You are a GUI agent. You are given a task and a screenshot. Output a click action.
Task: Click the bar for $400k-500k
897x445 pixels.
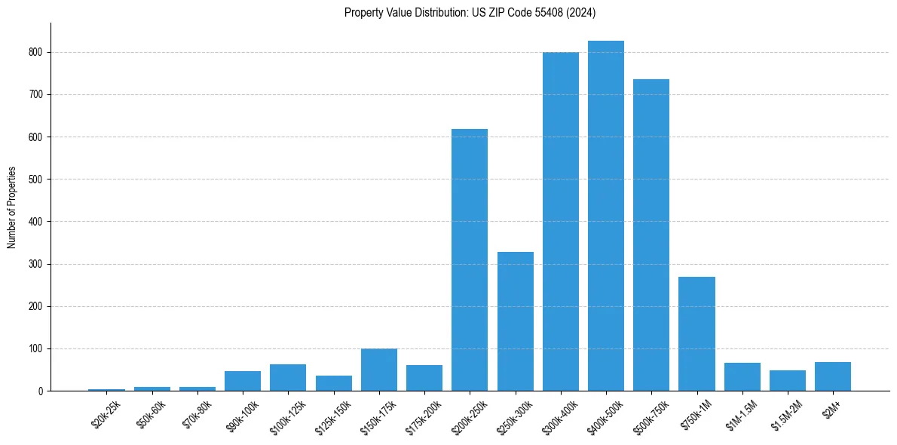point(606,216)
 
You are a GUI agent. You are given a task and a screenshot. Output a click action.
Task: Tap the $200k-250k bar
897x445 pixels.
point(470,259)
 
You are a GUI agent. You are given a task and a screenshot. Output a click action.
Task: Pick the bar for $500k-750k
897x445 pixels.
point(651,235)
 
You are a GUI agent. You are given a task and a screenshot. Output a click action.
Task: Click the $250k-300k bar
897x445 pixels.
point(516,321)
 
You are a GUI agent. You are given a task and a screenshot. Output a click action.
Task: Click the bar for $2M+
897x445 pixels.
point(833,376)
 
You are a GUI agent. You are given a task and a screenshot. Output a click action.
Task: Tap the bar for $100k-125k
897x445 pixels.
point(288,378)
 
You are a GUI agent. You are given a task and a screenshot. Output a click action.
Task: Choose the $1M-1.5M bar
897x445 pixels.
point(742,377)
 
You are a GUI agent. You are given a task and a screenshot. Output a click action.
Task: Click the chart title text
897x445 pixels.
point(470,13)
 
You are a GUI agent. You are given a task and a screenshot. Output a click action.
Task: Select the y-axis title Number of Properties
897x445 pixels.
point(12,207)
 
